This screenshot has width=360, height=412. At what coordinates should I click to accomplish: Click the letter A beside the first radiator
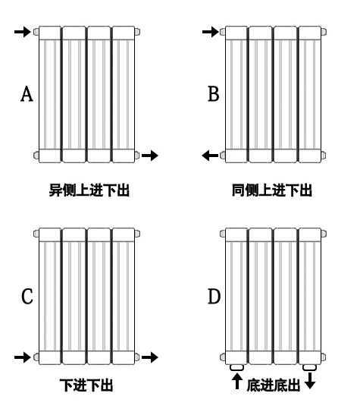coord(27,94)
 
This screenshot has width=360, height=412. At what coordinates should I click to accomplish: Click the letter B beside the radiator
coord(213,94)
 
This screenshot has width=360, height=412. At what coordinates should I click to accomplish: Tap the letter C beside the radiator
coord(27,297)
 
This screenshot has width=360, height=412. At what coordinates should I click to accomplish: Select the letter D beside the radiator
coord(214,297)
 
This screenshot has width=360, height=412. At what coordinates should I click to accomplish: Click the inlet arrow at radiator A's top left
coord(23,32)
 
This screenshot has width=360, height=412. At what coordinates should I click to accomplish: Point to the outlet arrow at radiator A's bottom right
coord(150,156)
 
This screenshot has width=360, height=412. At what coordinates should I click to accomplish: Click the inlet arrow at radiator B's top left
coord(211,32)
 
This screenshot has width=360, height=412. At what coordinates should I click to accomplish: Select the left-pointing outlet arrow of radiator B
coord(210,156)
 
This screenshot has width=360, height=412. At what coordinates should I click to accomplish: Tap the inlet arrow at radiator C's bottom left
coord(23,357)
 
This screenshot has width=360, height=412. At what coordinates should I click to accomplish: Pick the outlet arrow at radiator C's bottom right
coord(150,357)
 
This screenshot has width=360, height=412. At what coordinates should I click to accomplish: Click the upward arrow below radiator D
coord(237,381)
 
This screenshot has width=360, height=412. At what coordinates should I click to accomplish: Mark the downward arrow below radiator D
coord(310,381)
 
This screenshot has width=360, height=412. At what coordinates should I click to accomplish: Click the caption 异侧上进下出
coord(89,190)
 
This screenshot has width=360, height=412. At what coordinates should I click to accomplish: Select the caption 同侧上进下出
coord(272,190)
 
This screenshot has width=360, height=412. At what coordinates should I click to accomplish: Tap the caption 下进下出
coord(86,385)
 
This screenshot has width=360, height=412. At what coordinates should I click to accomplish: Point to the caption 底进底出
coord(274,385)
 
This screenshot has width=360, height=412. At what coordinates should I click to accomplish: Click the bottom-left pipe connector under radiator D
coord(236,367)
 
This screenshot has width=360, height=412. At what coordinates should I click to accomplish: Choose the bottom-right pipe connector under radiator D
coord(310,367)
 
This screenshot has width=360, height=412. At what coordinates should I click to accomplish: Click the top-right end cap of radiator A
coord(137,32)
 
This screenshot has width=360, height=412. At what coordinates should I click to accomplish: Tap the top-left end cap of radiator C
coord(36,234)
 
